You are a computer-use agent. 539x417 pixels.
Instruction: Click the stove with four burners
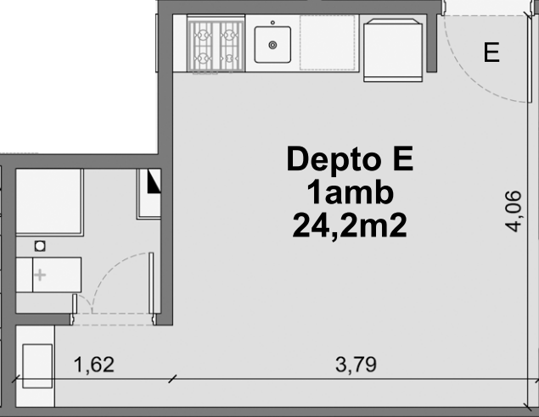click(216, 46)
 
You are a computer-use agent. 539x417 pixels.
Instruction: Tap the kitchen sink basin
click(272, 44)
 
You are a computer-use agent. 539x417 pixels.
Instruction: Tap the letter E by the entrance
click(491, 53)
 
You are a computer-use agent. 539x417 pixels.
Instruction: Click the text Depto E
click(350, 159)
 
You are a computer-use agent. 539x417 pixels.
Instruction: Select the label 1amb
click(350, 192)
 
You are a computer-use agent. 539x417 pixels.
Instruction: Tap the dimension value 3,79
click(357, 365)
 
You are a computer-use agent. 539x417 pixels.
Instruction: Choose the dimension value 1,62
click(93, 365)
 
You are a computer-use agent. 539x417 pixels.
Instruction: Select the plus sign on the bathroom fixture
click(40, 275)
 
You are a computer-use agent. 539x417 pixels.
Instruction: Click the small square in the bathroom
click(40, 246)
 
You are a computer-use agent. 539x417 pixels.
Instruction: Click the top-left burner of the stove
click(203, 36)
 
